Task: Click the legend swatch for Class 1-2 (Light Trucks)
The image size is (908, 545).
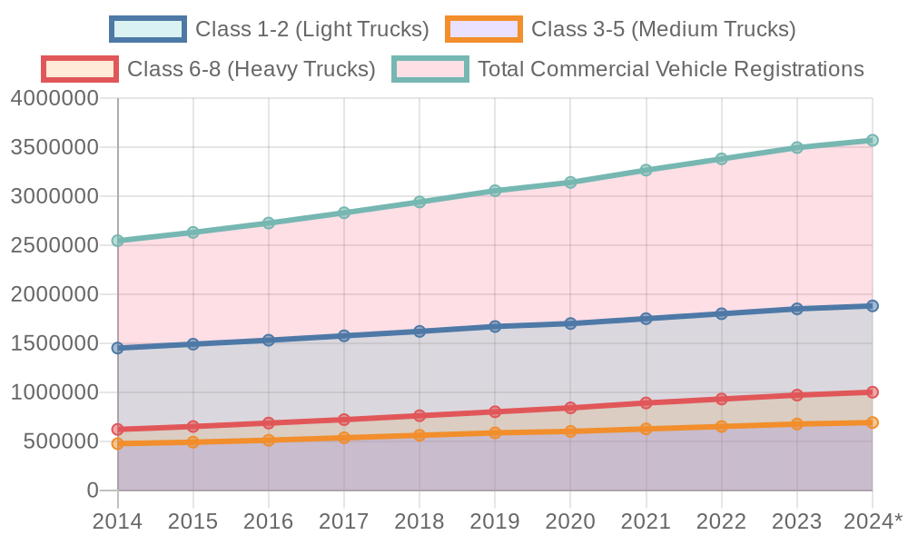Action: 148,29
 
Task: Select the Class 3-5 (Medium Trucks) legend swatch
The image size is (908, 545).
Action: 484,29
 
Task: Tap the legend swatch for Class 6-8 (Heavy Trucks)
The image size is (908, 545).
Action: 80,68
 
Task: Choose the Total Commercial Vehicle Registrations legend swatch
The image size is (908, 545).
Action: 430,68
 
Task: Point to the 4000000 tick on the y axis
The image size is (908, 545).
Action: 54,98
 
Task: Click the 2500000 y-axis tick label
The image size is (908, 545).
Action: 54,245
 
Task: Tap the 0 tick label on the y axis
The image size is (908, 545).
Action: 93,490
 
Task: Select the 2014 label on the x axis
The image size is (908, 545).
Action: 117,521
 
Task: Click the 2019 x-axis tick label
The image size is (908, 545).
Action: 495,521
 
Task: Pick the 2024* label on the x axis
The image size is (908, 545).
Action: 873,521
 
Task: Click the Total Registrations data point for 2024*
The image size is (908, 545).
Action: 873,141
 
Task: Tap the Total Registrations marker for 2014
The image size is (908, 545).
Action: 117,241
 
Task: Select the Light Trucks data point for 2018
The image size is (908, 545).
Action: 419,332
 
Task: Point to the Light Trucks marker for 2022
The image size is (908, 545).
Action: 722,313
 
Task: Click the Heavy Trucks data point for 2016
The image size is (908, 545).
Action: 269,423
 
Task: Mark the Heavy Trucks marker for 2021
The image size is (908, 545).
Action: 646,402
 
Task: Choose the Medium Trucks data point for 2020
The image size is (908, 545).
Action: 570,431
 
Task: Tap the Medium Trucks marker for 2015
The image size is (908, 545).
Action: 193,441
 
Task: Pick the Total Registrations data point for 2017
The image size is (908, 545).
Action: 344,213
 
